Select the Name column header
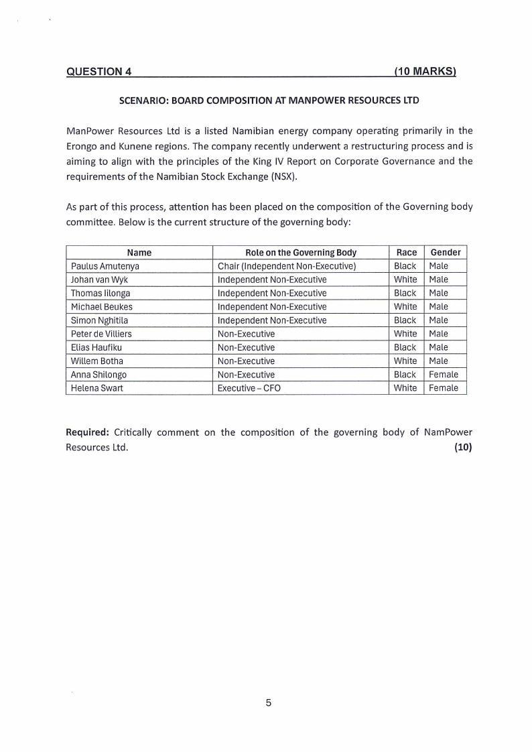[139, 253]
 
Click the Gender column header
[445, 253]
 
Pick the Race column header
[406, 253]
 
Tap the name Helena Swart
[97, 388]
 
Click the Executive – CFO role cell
[249, 388]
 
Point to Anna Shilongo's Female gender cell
[443, 375]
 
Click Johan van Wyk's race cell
[405, 279]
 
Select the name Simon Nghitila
[99, 320]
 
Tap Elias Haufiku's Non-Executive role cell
[246, 347]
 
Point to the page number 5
[268, 703]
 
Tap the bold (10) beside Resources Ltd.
[463, 448]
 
